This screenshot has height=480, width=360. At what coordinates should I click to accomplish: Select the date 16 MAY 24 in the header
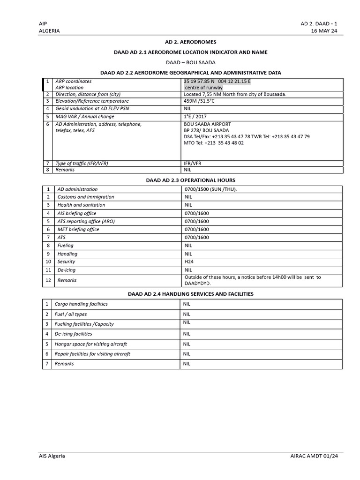(x=324, y=31)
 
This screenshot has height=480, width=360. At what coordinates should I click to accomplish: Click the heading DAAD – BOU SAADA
(x=190, y=62)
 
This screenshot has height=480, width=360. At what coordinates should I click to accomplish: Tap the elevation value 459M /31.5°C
(x=203, y=101)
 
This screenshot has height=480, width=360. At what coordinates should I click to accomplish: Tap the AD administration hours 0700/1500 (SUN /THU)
(x=211, y=189)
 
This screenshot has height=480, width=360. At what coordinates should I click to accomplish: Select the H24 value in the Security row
(x=189, y=262)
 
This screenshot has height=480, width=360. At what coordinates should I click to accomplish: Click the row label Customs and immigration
(x=86, y=197)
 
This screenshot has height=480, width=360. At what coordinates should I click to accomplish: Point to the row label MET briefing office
(x=78, y=229)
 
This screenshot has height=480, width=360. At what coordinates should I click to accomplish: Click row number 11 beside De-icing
(x=48, y=270)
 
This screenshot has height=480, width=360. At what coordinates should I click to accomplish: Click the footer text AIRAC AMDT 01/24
(x=314, y=457)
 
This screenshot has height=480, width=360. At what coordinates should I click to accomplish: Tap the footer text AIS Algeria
(x=52, y=456)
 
